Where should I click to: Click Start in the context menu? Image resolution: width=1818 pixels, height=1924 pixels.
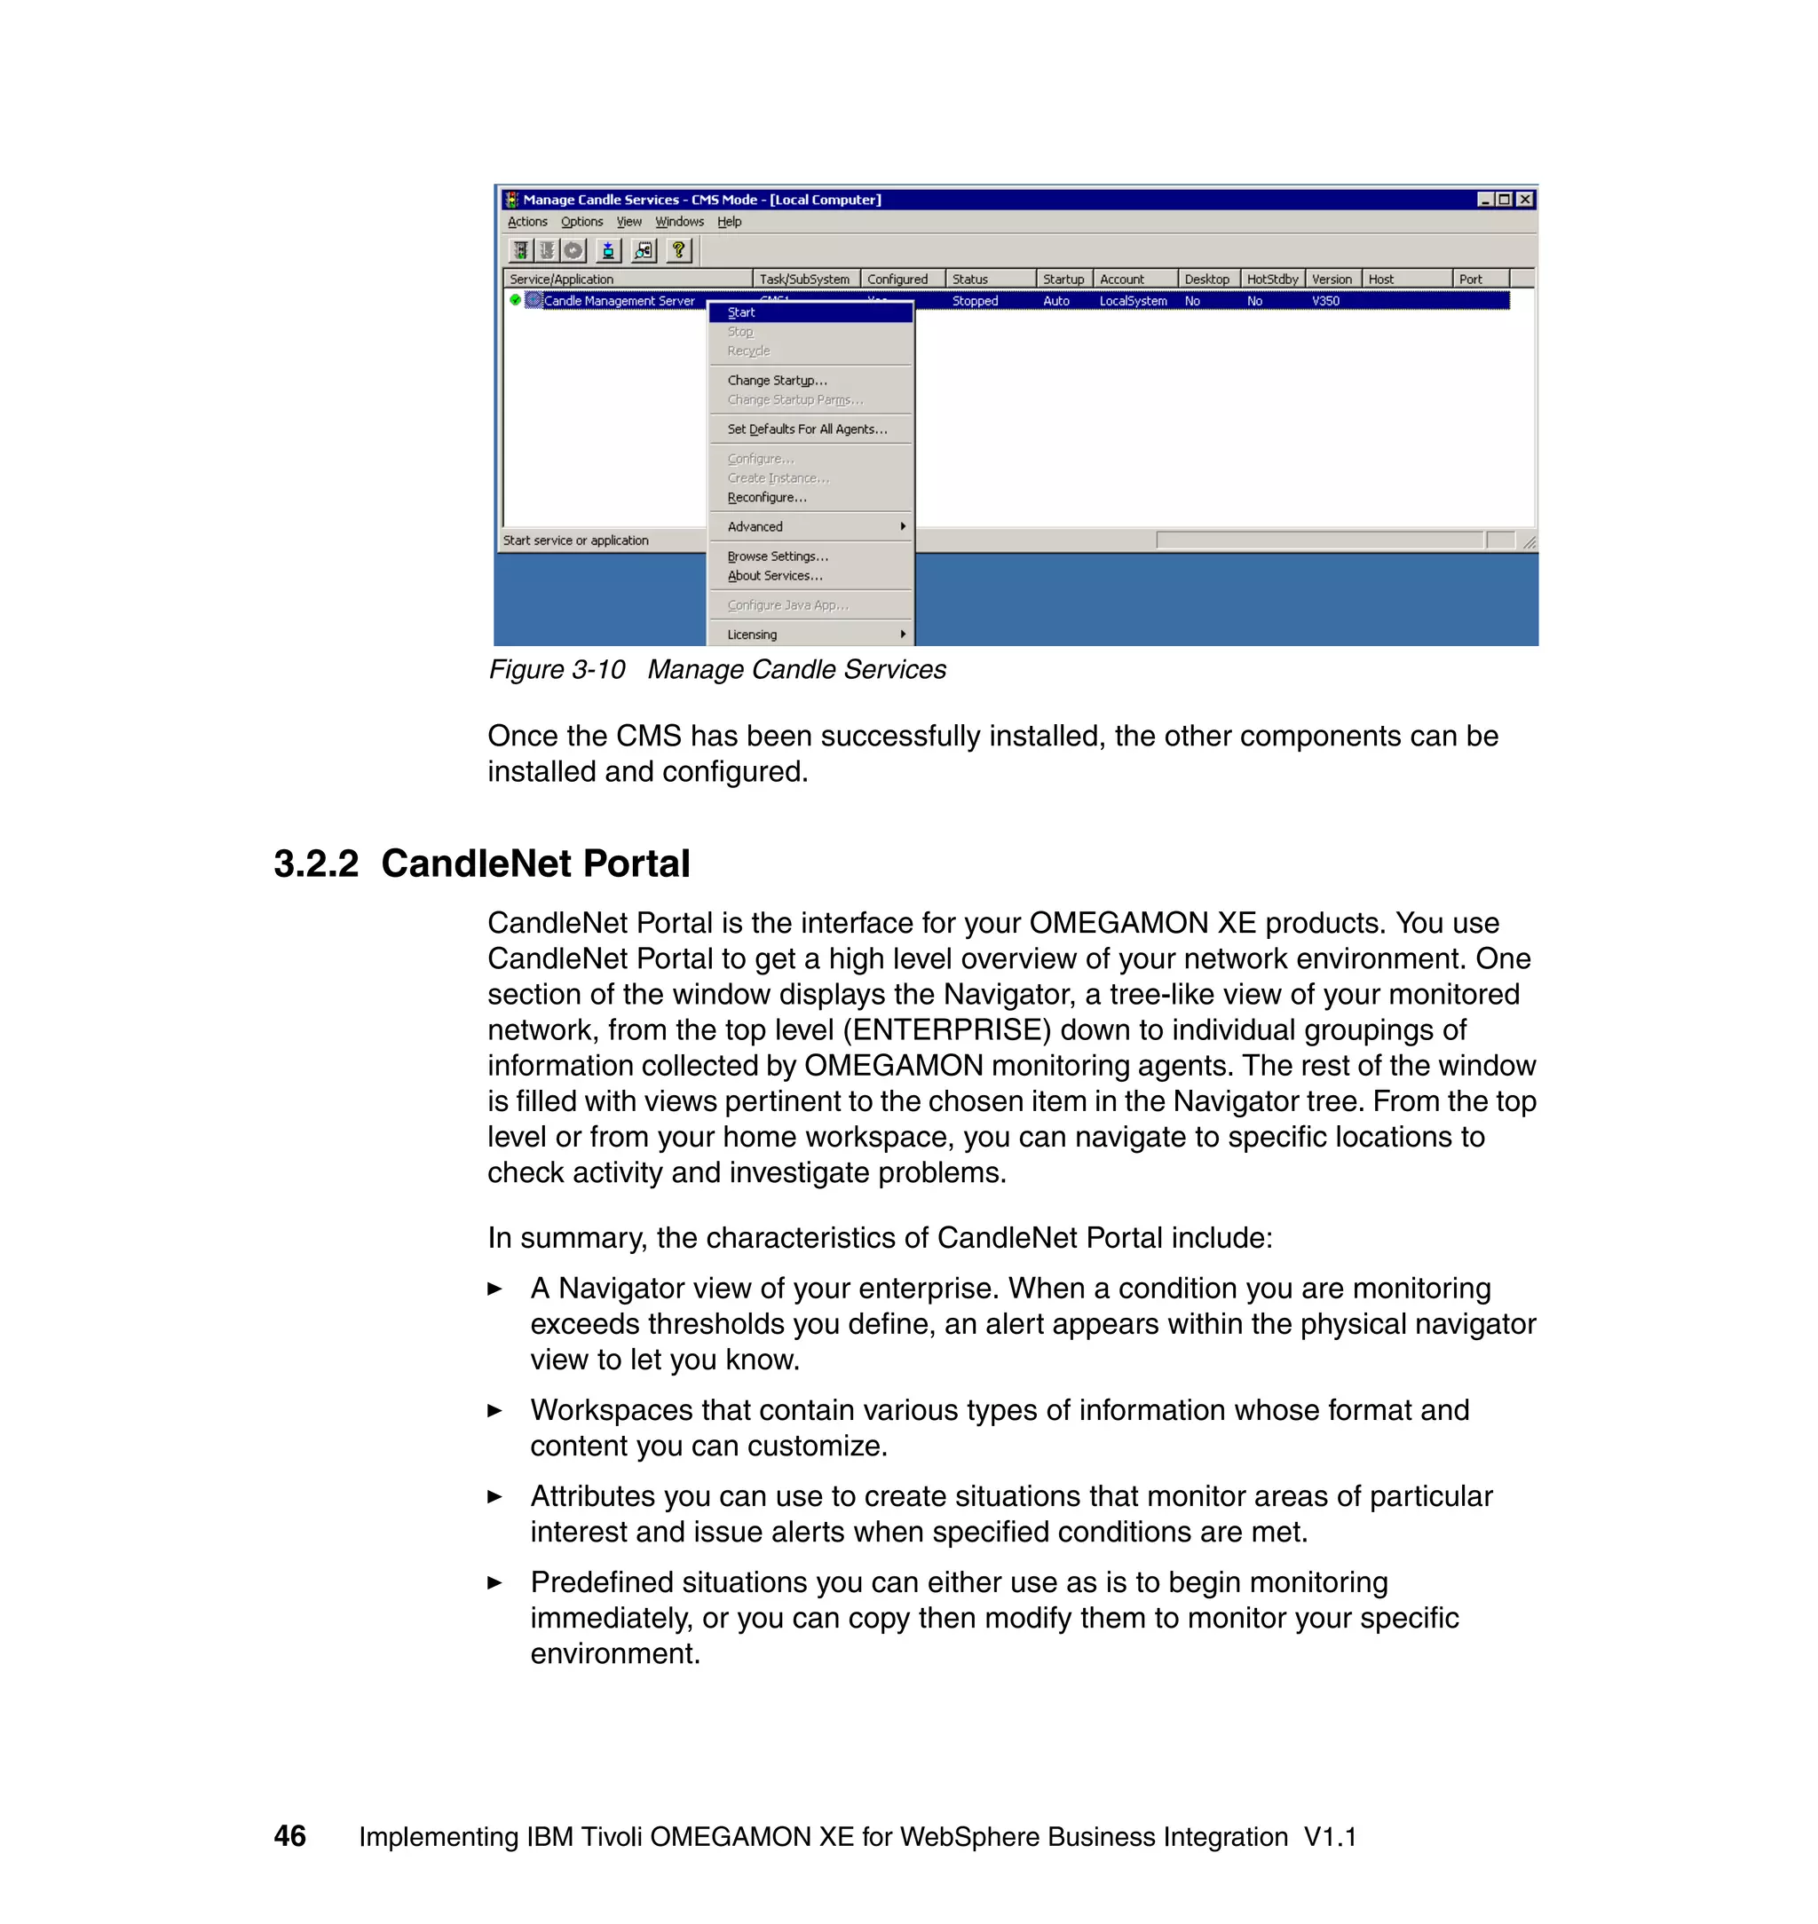[x=741, y=312]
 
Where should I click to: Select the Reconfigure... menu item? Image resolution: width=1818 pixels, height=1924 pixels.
[x=767, y=497]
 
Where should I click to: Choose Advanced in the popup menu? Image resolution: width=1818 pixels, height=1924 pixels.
[x=755, y=526]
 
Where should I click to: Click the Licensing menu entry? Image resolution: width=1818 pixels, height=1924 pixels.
[x=752, y=635]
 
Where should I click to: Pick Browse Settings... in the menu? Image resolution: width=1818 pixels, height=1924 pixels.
[x=778, y=556]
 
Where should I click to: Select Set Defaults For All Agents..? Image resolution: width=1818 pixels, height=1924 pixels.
[x=806, y=430]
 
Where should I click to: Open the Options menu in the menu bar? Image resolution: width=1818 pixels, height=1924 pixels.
[x=581, y=222]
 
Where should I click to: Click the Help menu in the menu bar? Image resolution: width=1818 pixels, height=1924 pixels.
[x=729, y=222]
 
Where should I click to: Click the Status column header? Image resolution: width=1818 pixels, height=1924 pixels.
[x=970, y=279]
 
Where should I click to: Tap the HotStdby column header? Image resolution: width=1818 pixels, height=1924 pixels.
[x=1271, y=279]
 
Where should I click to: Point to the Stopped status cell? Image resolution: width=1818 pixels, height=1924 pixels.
[x=975, y=302]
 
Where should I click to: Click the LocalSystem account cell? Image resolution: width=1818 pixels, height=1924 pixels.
[x=1133, y=302]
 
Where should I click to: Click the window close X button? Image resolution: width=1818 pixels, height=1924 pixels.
[x=1524, y=200]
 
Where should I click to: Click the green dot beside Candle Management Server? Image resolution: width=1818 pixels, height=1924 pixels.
[x=516, y=300]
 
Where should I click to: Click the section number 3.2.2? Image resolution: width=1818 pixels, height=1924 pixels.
[x=316, y=863]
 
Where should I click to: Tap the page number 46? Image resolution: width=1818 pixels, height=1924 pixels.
[x=289, y=1836]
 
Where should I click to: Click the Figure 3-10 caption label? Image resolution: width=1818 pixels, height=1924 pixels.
[x=557, y=669]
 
